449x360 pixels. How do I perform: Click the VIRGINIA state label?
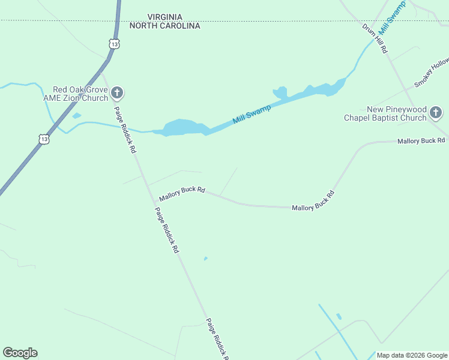click(x=164, y=17)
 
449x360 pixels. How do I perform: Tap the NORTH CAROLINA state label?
click(x=164, y=26)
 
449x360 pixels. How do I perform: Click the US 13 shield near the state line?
click(x=114, y=43)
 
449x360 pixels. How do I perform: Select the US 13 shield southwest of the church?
click(x=44, y=139)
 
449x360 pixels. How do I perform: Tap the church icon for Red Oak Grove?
click(x=117, y=93)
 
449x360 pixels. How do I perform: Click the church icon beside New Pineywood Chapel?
click(x=436, y=112)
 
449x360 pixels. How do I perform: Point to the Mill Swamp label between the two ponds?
click(x=252, y=113)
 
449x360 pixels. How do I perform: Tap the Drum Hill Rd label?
click(x=375, y=39)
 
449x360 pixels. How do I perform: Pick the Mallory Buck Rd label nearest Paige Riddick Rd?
click(x=182, y=193)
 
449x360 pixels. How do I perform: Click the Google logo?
click(x=20, y=353)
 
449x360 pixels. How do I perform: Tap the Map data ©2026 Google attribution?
click(x=412, y=355)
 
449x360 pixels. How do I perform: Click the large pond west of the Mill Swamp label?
click(x=182, y=128)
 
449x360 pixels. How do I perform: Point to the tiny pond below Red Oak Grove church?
click(x=76, y=116)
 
